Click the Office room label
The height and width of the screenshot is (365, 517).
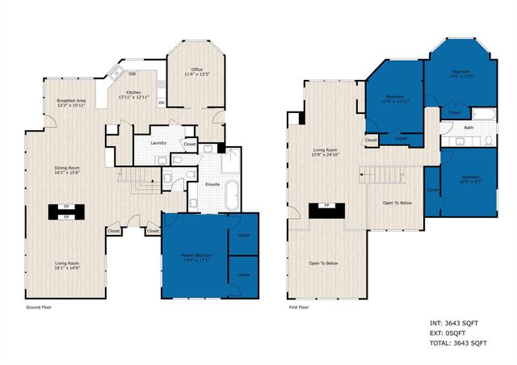point(196,69)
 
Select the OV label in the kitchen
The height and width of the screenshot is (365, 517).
point(162,103)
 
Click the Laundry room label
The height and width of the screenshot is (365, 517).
point(158,143)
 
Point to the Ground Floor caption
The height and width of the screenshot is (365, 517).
point(40,307)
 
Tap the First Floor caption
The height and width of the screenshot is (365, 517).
point(301,307)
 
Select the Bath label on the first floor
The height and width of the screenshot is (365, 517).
point(469,128)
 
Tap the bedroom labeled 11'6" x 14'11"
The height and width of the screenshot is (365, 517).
point(396,98)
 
